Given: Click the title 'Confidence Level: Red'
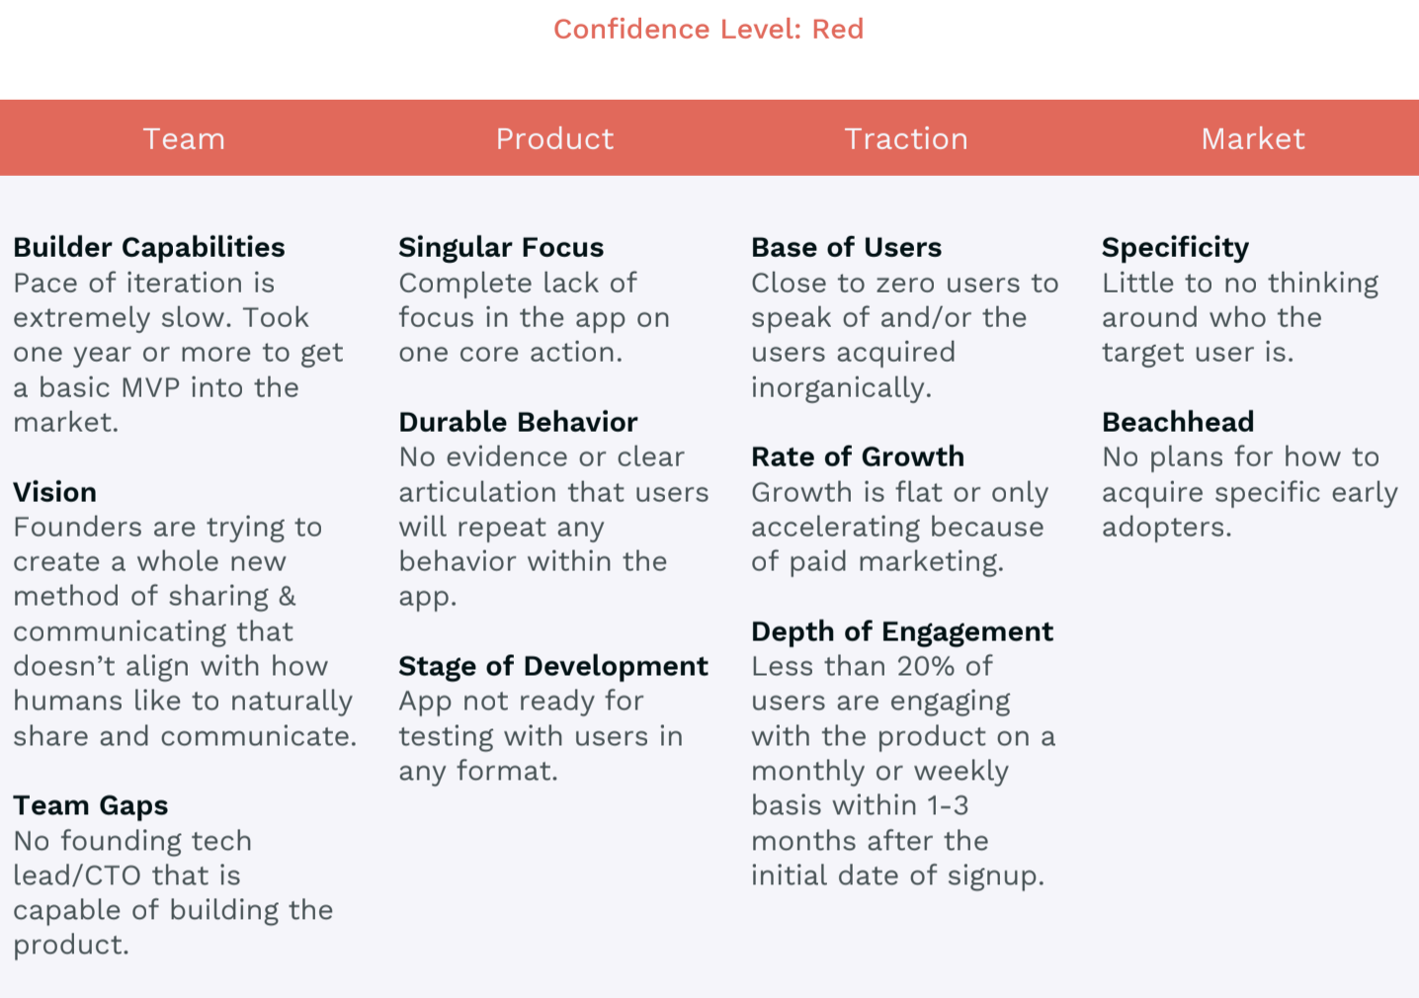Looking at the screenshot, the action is [x=709, y=29].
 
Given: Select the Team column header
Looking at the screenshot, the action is [x=184, y=138].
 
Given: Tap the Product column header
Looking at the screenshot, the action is [x=554, y=138].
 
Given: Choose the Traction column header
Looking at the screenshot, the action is [x=906, y=138].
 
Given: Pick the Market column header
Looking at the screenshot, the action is [x=1253, y=138].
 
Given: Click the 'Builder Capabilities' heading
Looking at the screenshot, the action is [x=149, y=248].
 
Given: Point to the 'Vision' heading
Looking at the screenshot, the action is [x=55, y=492].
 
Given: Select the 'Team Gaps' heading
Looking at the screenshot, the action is [x=91, y=806].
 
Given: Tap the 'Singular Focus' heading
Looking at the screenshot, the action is [x=501, y=248].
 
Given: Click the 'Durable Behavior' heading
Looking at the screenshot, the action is [x=518, y=422].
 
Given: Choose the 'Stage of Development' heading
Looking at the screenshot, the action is [x=553, y=667].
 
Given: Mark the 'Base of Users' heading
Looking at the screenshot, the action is [x=846, y=248].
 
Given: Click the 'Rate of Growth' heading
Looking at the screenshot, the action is [x=858, y=457].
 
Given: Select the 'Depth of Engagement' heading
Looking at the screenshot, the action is [x=902, y=631].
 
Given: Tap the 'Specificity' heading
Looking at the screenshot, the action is [x=1175, y=248].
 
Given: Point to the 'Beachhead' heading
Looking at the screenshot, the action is [x=1178, y=422].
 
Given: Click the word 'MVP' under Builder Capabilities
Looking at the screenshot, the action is [x=151, y=387].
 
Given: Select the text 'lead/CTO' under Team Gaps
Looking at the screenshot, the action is [x=77, y=875].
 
